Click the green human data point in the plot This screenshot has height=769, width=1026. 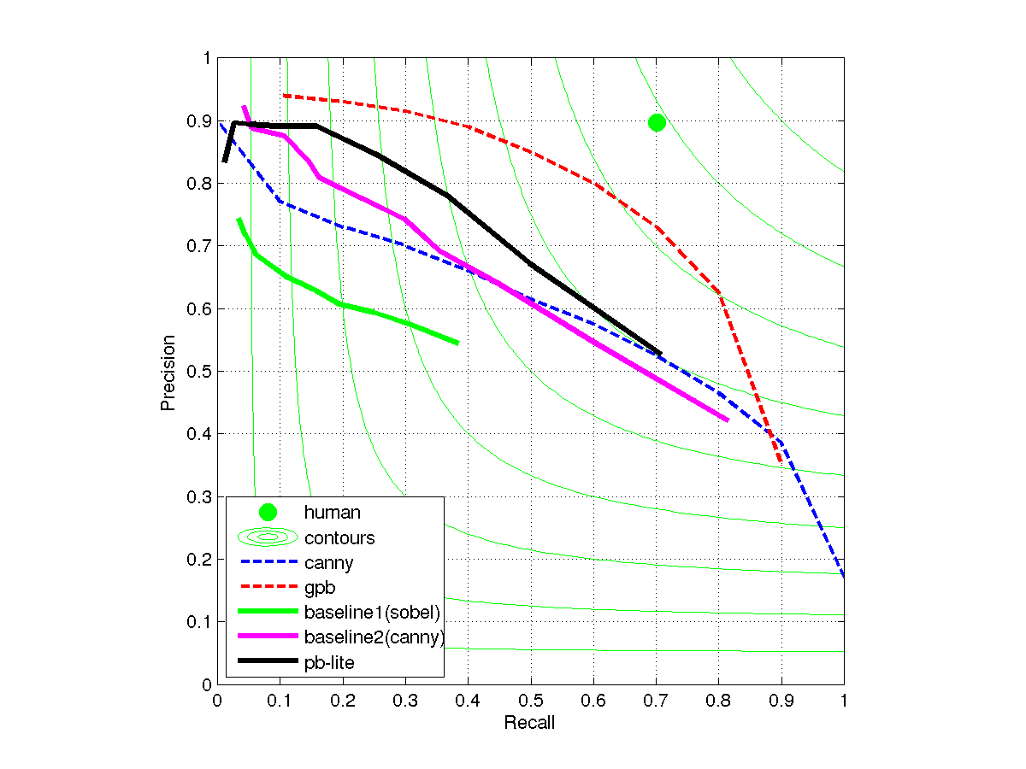657,122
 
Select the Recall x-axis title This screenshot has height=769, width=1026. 529,724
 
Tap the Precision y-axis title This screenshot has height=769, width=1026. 168,372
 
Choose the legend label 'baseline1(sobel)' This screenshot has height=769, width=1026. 372,612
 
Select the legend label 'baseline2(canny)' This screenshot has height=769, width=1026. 374,637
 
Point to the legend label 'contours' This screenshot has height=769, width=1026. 339,537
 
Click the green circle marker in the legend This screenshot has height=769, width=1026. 268,513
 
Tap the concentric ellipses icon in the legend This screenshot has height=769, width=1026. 268,537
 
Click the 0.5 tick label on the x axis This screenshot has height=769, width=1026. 530,700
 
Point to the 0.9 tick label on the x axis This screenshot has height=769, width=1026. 781,700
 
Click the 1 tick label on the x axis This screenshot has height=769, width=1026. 844,700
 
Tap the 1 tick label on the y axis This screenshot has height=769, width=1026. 206,58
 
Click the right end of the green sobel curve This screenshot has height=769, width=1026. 458,343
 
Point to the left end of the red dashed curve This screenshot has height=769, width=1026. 284,96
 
